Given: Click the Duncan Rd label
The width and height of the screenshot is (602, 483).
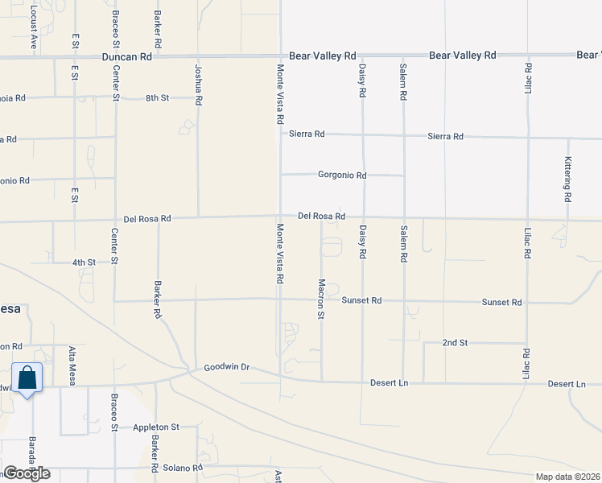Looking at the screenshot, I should (x=127, y=57).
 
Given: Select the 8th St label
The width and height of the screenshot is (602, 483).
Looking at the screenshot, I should (x=157, y=98).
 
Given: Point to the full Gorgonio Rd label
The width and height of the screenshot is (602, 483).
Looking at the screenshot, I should (x=342, y=175).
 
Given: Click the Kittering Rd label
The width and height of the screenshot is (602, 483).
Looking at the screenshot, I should (x=567, y=179).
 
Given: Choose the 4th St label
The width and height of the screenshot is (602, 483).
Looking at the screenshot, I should (x=84, y=262).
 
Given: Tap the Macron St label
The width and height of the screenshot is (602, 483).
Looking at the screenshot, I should (x=320, y=299).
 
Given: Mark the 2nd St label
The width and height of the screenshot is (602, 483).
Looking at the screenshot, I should (x=455, y=343).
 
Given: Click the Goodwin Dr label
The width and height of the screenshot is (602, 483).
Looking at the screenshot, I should (x=228, y=367).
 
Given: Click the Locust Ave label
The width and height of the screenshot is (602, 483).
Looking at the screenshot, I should (x=34, y=28).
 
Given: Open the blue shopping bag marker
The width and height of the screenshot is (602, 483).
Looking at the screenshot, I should (x=27, y=378).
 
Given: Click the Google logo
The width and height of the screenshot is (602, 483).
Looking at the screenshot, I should (x=27, y=473).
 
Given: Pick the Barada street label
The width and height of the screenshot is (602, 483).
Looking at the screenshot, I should (x=33, y=455).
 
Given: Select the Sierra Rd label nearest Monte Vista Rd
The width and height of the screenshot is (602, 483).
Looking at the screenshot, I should (x=307, y=134).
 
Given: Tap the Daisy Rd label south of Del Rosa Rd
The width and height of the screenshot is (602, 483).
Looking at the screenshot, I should (x=363, y=242).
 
